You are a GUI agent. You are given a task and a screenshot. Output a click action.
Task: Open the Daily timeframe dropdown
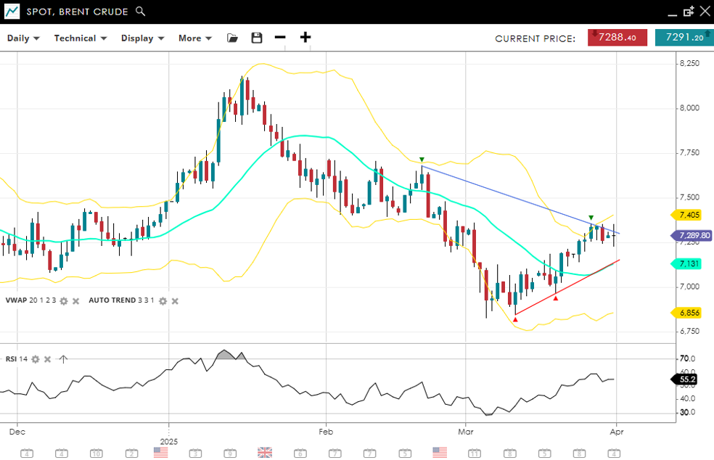[x=23, y=38]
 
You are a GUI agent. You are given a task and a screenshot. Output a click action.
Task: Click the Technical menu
[x=80, y=38]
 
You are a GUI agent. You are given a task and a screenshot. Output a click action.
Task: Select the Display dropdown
[x=142, y=38]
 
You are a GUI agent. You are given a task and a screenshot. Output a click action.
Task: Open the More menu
[x=194, y=38]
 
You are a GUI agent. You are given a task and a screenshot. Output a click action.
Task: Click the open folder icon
[x=232, y=38]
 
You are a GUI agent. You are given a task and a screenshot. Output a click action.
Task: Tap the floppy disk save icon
[x=256, y=38]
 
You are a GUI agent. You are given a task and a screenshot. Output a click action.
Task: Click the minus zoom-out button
[x=280, y=38]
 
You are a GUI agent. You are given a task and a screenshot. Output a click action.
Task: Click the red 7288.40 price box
[x=617, y=38]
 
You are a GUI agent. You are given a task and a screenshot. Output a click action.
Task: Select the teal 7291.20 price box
[x=684, y=38]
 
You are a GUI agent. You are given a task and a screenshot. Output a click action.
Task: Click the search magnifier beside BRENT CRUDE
[x=141, y=12]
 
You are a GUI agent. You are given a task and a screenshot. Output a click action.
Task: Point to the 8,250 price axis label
[x=689, y=64]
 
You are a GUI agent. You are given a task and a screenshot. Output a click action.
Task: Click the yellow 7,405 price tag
[x=689, y=215]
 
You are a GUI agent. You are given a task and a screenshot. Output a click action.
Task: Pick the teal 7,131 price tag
[x=689, y=264]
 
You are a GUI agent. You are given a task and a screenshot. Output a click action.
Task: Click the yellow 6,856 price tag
[x=689, y=313]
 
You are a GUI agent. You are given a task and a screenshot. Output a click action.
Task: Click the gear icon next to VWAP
[x=64, y=300]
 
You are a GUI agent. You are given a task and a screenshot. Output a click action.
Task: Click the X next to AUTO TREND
[x=175, y=300]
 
